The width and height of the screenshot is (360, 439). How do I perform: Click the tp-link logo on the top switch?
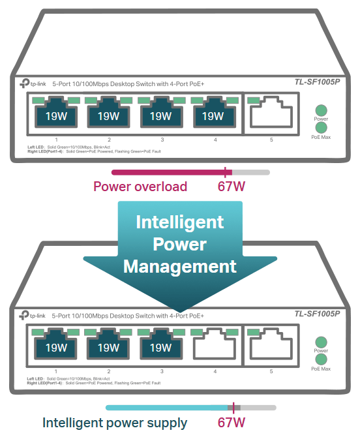point(33,83)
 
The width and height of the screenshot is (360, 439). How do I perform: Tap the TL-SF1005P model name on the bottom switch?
point(317,314)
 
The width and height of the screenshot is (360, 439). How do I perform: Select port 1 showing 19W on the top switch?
point(56,112)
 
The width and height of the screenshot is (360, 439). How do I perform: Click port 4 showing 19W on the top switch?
point(215,112)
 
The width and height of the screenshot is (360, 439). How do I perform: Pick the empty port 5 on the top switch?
point(271,112)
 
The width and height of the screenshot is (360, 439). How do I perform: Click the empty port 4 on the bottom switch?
point(215,344)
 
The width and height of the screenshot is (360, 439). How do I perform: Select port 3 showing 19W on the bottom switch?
point(161,344)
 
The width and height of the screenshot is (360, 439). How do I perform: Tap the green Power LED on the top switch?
point(321,110)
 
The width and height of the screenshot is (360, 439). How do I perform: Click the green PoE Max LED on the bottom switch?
point(321,359)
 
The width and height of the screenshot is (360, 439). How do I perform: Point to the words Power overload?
point(140,187)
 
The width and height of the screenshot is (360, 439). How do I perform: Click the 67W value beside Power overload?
point(232,187)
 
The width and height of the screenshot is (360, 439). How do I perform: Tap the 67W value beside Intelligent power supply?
point(232,423)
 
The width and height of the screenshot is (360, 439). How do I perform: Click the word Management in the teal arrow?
point(180,266)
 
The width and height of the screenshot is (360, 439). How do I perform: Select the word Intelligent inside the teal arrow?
point(180,222)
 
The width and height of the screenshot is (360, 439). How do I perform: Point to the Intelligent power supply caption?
point(115,423)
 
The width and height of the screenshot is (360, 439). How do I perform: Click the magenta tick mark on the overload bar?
point(225,172)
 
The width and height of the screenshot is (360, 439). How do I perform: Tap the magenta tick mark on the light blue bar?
point(233,408)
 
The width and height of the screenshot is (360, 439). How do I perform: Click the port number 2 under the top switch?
point(109,140)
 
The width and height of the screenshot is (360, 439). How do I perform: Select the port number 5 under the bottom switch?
point(271,371)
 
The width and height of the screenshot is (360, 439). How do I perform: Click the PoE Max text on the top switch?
point(321,137)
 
